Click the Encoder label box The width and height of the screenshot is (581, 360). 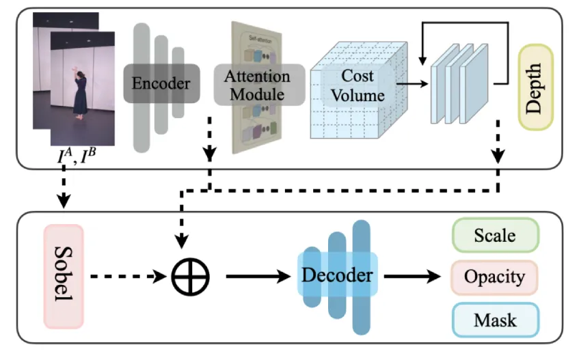(x=161, y=84)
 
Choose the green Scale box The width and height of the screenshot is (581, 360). (x=495, y=236)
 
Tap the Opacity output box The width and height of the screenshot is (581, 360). (x=495, y=277)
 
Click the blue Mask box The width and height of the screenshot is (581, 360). (x=495, y=319)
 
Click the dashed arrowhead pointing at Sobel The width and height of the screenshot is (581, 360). (x=63, y=202)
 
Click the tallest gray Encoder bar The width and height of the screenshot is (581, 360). (x=141, y=85)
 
